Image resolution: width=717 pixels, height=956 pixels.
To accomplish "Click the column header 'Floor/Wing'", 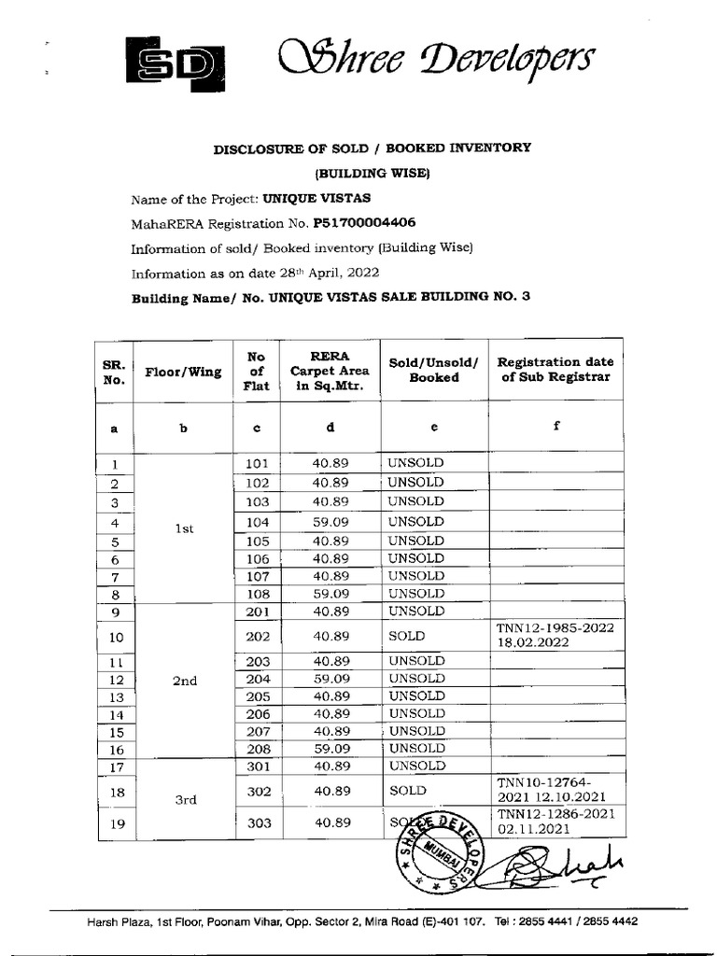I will [x=184, y=372].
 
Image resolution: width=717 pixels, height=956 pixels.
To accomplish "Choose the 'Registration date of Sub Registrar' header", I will [x=555, y=370].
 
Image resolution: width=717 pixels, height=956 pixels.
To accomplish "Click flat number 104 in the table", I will [x=257, y=523].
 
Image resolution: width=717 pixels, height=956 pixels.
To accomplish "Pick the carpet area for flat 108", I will [x=331, y=594].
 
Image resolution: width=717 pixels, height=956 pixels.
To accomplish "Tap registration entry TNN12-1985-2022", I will [x=555, y=628].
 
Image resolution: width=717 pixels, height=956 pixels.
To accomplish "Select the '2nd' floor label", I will [x=185, y=681].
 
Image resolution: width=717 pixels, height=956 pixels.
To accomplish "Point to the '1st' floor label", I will [x=184, y=528].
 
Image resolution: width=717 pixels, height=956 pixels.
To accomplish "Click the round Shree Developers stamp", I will [x=437, y=849].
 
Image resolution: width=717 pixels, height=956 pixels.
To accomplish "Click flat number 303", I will [x=257, y=823].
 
